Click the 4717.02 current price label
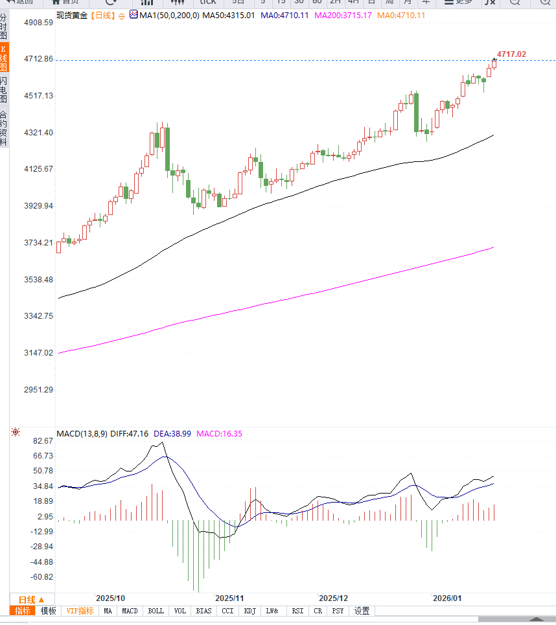pos(511,54)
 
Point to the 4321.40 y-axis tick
pos(38,132)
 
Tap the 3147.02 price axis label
pos(38,353)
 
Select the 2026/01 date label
pos(447,598)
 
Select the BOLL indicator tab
pos(156,611)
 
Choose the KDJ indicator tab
pos(250,611)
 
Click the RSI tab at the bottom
pos(297,611)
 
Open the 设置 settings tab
pos(362,611)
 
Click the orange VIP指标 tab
pos(80,611)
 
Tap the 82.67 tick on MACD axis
pos(43,441)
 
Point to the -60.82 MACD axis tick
pos(42,577)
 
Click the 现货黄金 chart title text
pos(72,14)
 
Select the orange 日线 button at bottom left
pos(31,599)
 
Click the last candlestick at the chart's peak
pos(494,63)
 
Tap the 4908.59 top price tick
pos(38,22)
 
